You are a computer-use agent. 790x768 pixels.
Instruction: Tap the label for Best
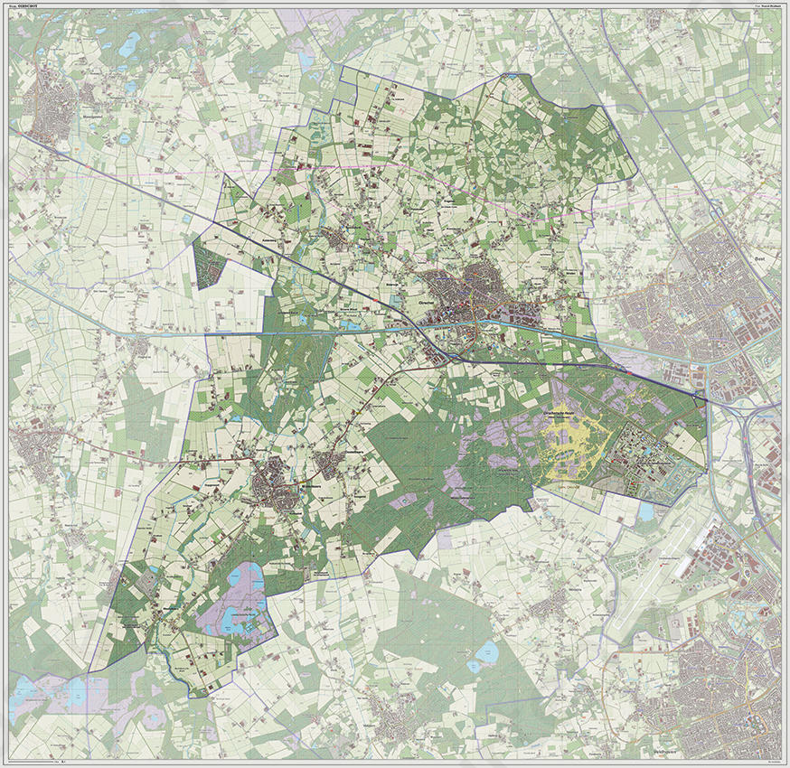click(x=761, y=258)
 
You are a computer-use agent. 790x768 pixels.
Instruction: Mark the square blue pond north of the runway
click(x=645, y=511)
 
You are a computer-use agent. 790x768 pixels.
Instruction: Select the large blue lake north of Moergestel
click(x=133, y=42)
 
